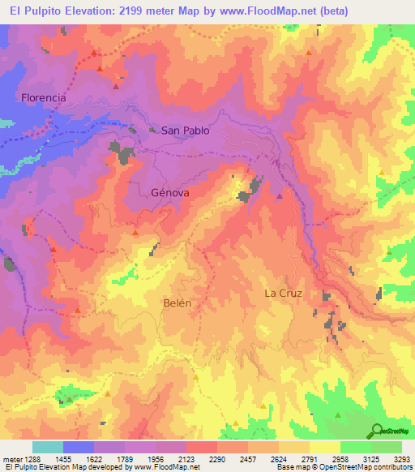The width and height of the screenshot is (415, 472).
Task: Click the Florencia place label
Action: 44,97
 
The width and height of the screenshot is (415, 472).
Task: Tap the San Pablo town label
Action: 185,130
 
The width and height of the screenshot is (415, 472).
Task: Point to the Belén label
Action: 178,303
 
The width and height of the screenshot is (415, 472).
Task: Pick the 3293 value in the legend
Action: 402,458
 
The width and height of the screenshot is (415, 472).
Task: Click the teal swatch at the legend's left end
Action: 47,447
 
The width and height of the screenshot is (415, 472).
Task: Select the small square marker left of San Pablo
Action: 152,129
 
